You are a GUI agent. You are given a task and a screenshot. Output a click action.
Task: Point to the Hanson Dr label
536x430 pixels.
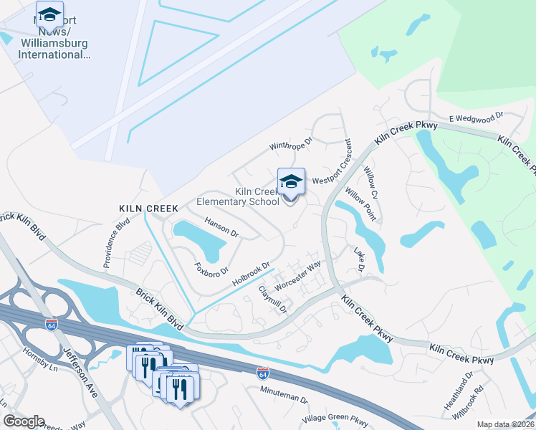coord(221,227)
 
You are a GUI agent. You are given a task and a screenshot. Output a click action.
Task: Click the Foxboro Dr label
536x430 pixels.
coord(211,269)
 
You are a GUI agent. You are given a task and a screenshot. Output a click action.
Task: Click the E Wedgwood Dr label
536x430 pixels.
coord(477,116)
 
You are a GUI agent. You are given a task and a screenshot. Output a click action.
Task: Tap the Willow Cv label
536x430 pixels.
coord(370,179)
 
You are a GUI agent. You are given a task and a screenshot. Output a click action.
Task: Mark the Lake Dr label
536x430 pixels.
coord(360,259)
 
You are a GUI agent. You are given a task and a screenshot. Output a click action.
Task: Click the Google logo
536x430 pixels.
coord(24,421)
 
